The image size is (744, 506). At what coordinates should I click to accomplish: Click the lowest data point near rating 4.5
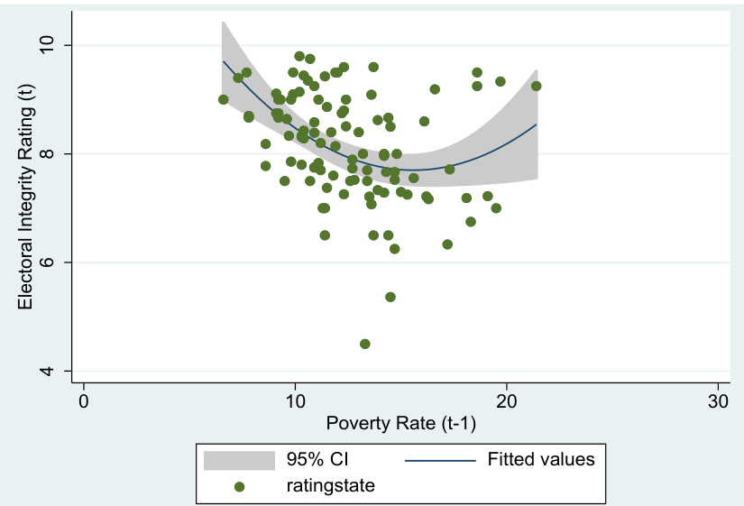(365, 344)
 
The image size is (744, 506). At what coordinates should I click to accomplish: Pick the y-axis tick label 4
(52, 371)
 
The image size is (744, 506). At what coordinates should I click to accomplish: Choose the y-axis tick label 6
(52, 262)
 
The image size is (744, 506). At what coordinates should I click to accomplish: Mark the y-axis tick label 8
(52, 153)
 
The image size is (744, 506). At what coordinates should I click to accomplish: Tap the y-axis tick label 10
(52, 45)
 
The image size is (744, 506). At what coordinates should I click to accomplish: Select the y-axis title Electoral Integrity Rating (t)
(26, 207)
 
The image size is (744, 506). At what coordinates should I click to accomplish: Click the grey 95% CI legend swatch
(238, 459)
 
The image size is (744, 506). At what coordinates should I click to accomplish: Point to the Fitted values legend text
(541, 459)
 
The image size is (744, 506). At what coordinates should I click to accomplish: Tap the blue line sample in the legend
(440, 459)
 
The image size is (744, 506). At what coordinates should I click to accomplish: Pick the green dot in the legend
(238, 485)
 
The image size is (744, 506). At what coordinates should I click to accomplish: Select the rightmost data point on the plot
(536, 86)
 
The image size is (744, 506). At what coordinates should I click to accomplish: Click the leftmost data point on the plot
(224, 99)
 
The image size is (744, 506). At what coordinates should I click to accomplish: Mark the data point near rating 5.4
(390, 297)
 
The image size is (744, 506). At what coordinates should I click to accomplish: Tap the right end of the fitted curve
(537, 124)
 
